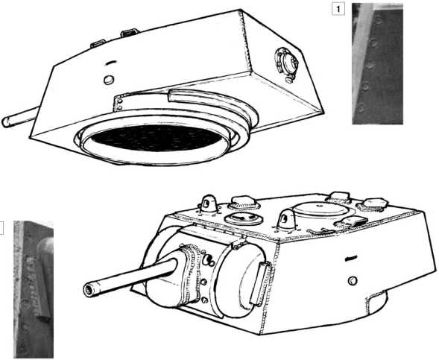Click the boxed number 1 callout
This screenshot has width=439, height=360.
[x=338, y=9]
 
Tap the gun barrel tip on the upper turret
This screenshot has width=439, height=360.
[x=6, y=122]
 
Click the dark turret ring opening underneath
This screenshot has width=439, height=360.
[x=157, y=138]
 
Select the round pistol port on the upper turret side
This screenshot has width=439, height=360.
[x=109, y=80]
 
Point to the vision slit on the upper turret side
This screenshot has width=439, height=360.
[x=110, y=63]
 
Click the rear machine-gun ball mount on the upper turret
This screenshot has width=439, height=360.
[x=286, y=63]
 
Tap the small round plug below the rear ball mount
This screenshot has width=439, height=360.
[x=289, y=80]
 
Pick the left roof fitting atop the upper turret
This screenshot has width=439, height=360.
[x=98, y=44]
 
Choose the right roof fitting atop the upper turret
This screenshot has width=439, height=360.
[x=130, y=33]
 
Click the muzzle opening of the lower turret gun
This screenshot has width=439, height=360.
[x=89, y=290]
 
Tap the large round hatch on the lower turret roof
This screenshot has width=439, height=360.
[x=321, y=209]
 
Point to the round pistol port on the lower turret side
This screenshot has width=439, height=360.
[x=353, y=280]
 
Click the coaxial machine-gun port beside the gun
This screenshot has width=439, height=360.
[x=208, y=260]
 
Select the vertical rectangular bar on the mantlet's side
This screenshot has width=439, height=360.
[x=260, y=283]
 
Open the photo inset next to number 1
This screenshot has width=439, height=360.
[x=377, y=64]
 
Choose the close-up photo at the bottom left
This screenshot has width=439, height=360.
[x=34, y=289]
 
